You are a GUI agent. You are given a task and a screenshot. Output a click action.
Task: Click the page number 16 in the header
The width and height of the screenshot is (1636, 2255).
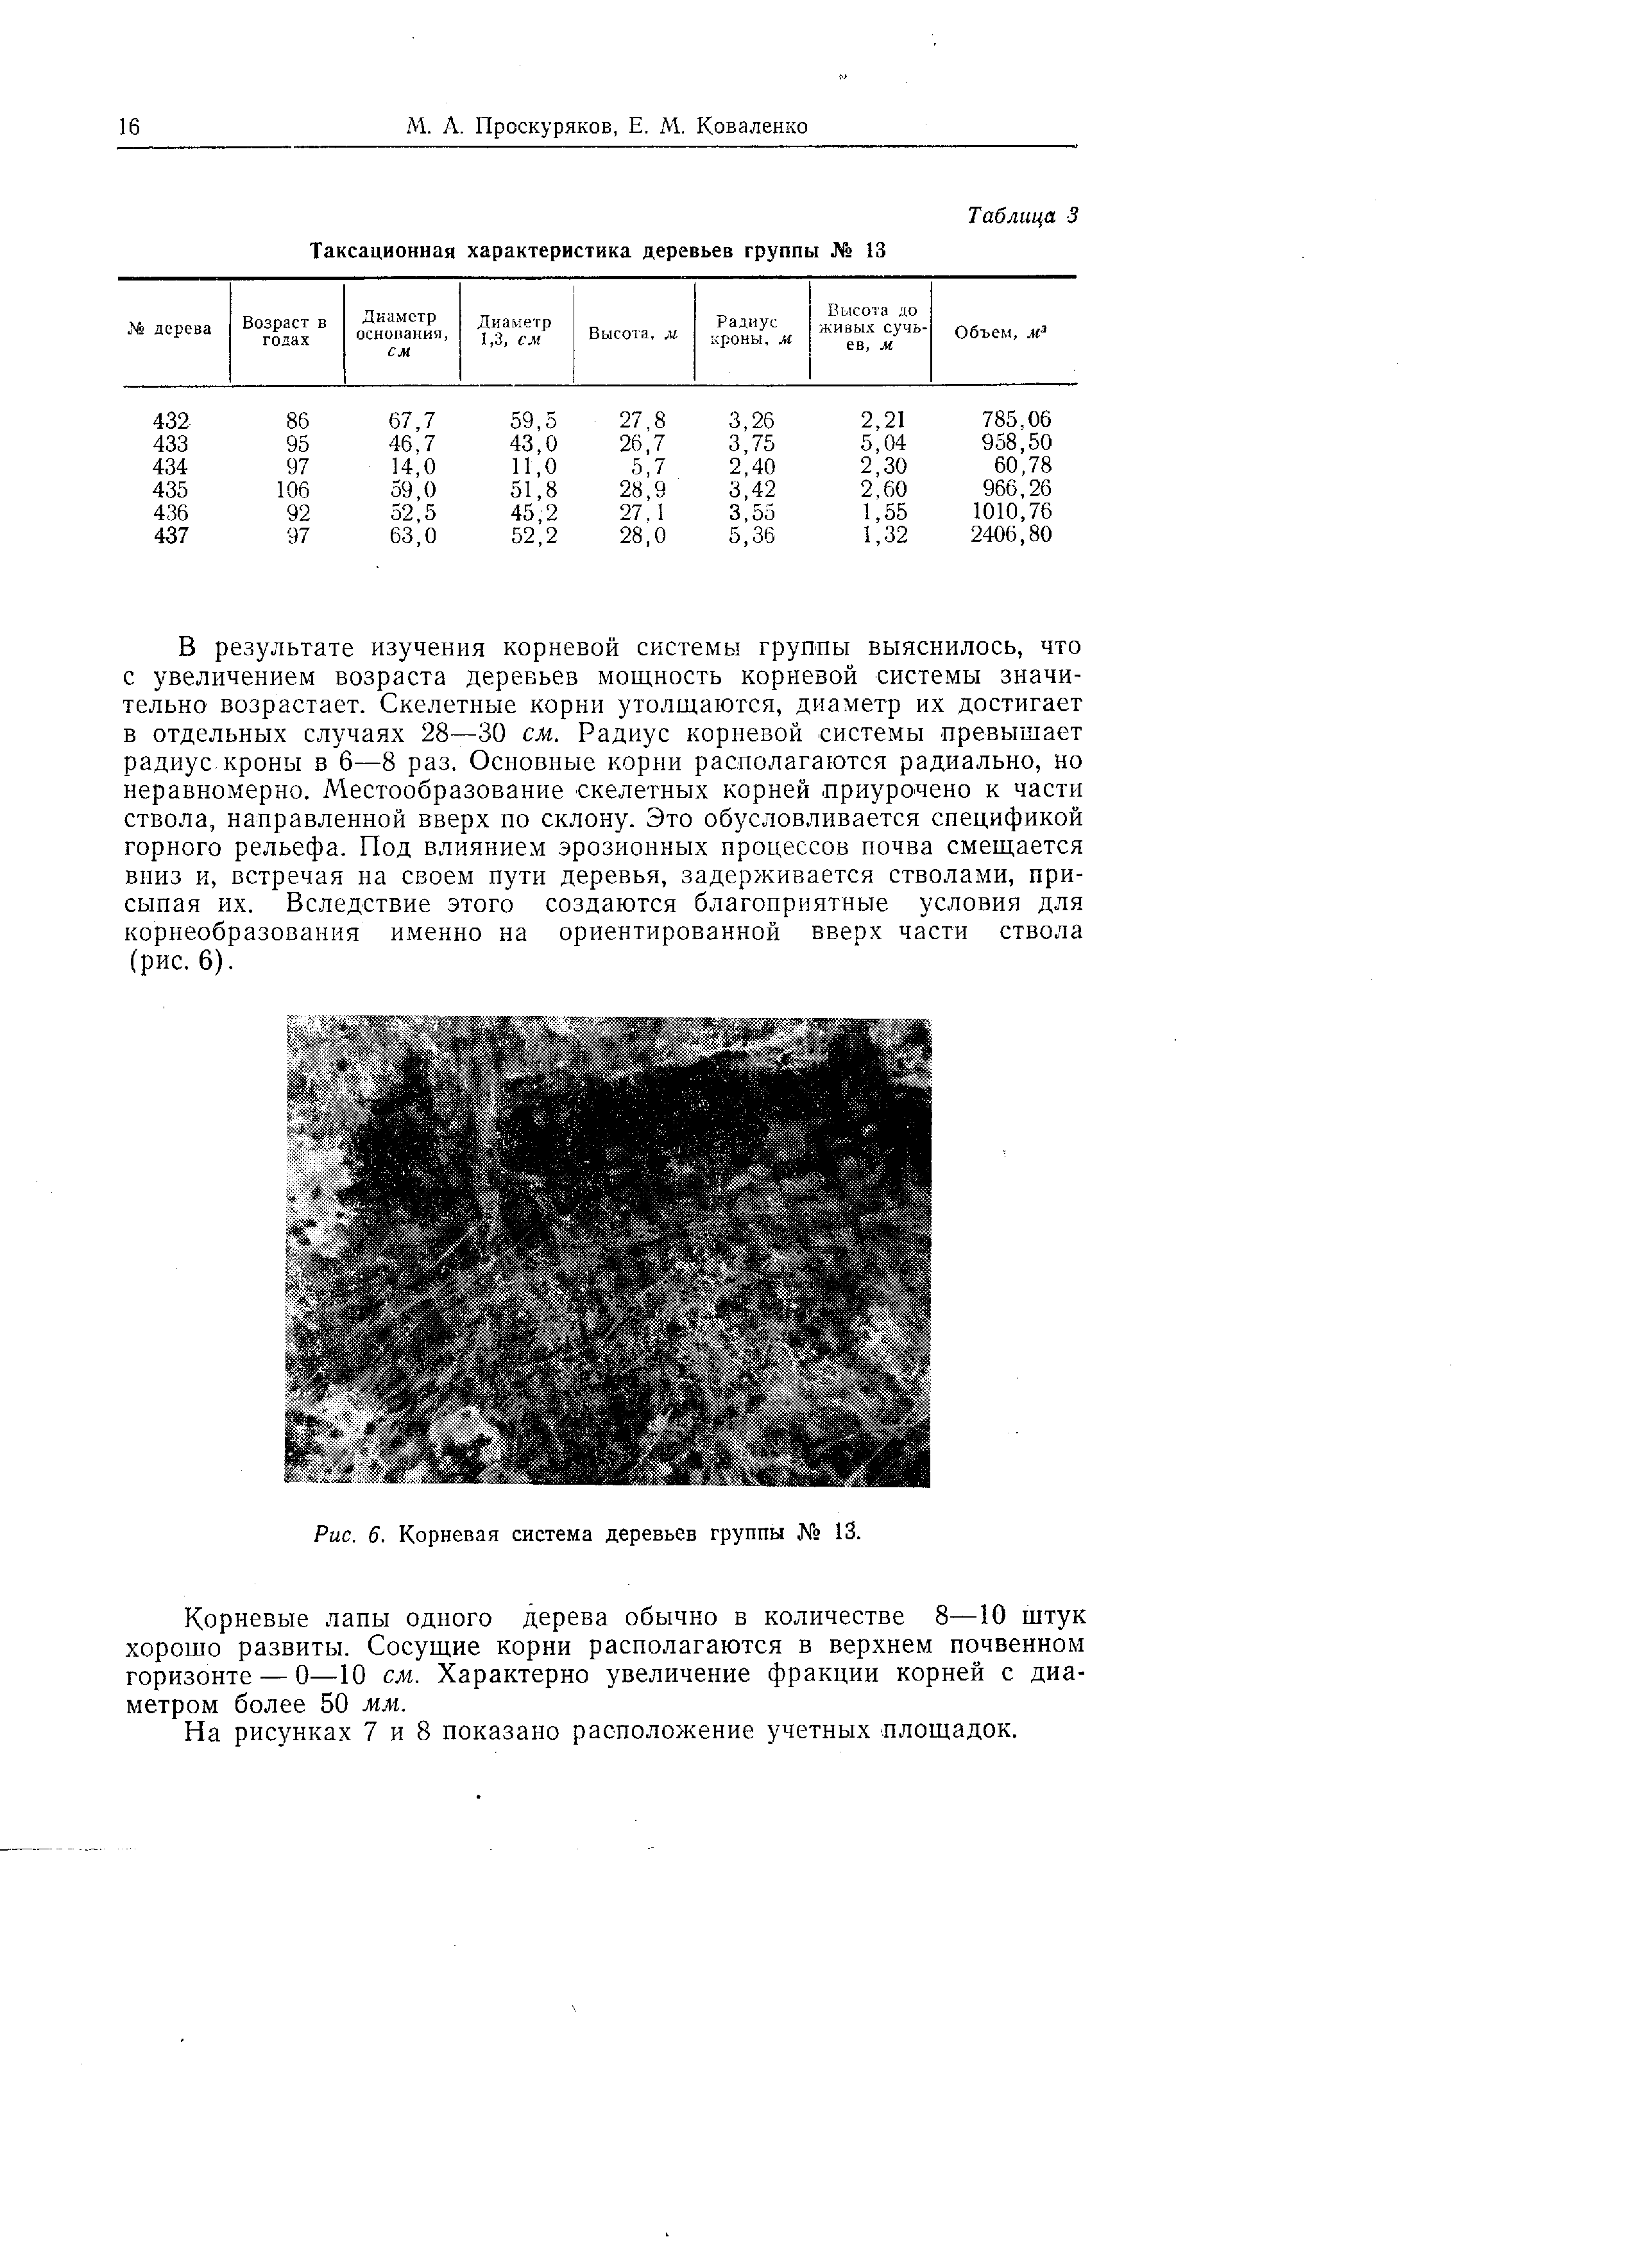[129, 126]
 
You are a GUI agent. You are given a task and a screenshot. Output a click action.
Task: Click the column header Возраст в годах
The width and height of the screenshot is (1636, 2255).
[285, 331]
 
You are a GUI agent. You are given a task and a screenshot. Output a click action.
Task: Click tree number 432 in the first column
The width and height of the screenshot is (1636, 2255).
[171, 420]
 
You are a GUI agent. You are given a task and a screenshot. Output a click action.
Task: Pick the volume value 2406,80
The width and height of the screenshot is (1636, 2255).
[1011, 536]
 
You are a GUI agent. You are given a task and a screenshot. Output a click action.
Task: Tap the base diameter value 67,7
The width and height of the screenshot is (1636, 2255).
[411, 420]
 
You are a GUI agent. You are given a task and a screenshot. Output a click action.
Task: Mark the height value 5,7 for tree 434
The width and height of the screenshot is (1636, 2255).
[647, 466]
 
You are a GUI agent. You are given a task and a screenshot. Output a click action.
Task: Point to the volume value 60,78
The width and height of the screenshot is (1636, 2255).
[1023, 466]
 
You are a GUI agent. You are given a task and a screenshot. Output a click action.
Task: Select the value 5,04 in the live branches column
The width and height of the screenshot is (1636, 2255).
[883, 444]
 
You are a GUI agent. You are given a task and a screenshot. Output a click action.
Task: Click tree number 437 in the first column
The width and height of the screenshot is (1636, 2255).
[171, 536]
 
